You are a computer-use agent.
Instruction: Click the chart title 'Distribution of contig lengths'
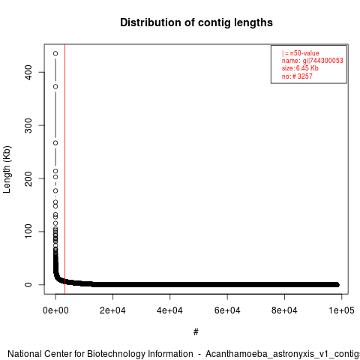click(196, 22)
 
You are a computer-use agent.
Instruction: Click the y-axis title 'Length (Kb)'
click(7, 169)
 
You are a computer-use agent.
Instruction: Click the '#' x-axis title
click(196, 332)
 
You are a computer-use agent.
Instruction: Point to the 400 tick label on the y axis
click(28, 72)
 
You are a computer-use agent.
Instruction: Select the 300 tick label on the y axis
click(28, 125)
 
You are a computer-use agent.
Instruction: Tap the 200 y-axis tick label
click(28, 178)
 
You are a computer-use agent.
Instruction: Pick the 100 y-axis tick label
click(28, 232)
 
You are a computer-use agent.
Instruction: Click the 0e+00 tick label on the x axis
click(55, 310)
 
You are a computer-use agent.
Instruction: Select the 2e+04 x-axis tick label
click(112, 310)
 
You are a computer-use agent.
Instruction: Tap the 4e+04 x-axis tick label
click(170, 310)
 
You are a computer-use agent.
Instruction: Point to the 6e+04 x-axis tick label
click(227, 310)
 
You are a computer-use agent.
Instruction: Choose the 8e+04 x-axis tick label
click(284, 310)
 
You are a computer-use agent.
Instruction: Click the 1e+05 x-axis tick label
click(341, 310)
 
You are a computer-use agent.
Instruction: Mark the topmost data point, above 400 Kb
click(55, 53)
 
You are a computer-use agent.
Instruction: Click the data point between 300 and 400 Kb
click(55, 86)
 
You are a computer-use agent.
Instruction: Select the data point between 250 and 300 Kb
click(55, 143)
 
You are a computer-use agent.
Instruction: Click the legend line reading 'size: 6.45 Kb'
click(300, 68)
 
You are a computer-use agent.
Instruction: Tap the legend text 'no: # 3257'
click(297, 76)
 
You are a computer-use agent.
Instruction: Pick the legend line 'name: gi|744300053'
click(312, 61)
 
